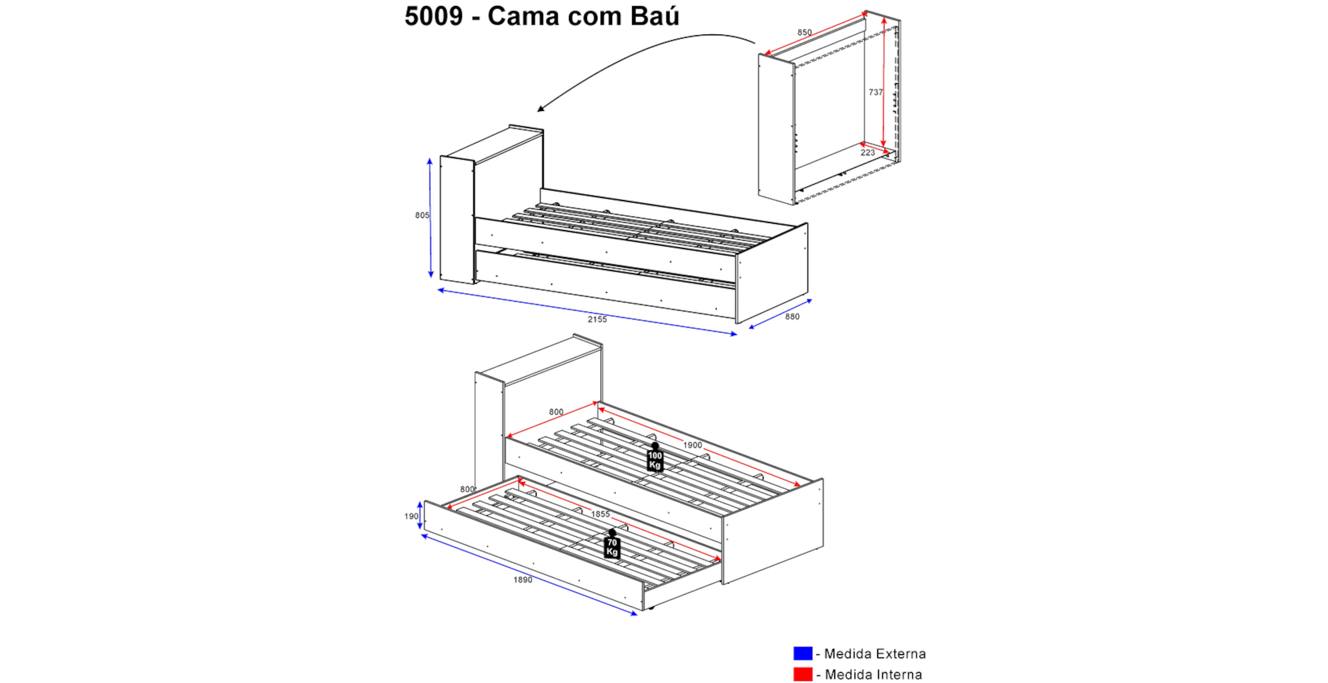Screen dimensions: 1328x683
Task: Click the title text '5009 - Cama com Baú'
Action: pos(542,16)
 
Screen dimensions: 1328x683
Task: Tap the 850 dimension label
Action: pos(804,33)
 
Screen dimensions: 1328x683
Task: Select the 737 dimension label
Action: pos(876,92)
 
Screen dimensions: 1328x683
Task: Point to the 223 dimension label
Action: pos(868,153)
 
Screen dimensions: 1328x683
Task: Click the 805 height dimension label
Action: pos(422,215)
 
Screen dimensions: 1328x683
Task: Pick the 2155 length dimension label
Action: pos(597,320)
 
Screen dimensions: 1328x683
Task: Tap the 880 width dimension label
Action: pos(792,317)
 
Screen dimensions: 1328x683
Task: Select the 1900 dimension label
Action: pos(693,445)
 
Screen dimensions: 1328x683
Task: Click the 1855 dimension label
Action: pos(600,514)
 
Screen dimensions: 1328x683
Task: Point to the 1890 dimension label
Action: pos(523,580)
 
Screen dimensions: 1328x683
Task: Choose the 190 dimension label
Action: pos(412,516)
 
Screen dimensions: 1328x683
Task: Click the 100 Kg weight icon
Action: pos(655,457)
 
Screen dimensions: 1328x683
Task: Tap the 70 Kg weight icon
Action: pos(612,544)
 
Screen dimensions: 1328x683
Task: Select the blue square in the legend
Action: pos(803,653)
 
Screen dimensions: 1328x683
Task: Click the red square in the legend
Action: pos(803,674)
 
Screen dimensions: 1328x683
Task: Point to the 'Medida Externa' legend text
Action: pos(875,654)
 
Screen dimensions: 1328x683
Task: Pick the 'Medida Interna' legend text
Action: pos(873,675)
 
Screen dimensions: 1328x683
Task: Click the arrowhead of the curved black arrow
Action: pos(540,108)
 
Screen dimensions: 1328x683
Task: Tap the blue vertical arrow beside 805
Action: pos(430,218)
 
